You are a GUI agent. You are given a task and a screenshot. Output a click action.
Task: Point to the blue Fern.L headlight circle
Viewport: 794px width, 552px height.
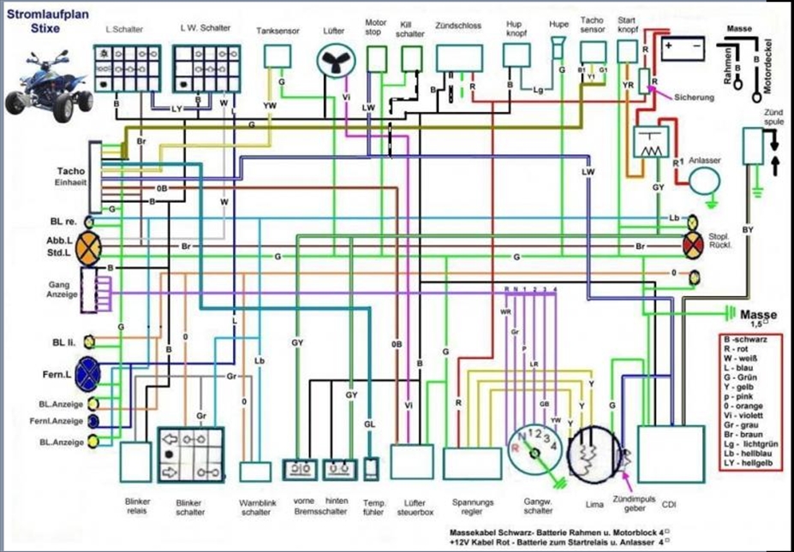point(88,373)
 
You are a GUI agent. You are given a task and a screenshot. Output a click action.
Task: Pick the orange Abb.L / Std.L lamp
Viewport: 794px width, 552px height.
point(89,246)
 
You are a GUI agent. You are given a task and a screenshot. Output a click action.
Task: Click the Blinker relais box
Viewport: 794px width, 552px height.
point(135,462)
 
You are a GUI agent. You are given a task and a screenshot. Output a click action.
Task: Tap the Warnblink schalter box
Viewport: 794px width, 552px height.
point(254,472)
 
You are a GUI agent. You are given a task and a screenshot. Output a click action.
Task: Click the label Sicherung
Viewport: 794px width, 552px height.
point(694,98)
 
